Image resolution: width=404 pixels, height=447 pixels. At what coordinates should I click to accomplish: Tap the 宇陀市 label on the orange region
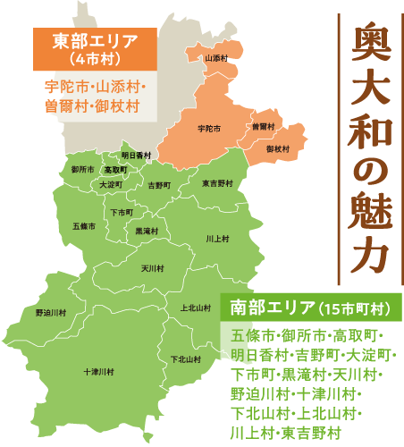209,128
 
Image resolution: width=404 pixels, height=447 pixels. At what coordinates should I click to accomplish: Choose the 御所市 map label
82,169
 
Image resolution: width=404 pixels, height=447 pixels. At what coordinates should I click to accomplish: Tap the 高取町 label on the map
115,169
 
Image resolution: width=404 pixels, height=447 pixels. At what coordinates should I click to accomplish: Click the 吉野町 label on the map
158,186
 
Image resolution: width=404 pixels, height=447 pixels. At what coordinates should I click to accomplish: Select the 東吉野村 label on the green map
217,183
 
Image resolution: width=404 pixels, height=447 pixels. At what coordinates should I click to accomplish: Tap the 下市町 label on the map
122,212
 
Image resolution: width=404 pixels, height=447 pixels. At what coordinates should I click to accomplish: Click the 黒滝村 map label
147,231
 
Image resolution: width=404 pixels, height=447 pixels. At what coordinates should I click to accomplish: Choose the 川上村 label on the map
217,239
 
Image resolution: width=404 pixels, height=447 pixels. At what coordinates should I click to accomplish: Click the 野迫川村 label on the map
51,313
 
